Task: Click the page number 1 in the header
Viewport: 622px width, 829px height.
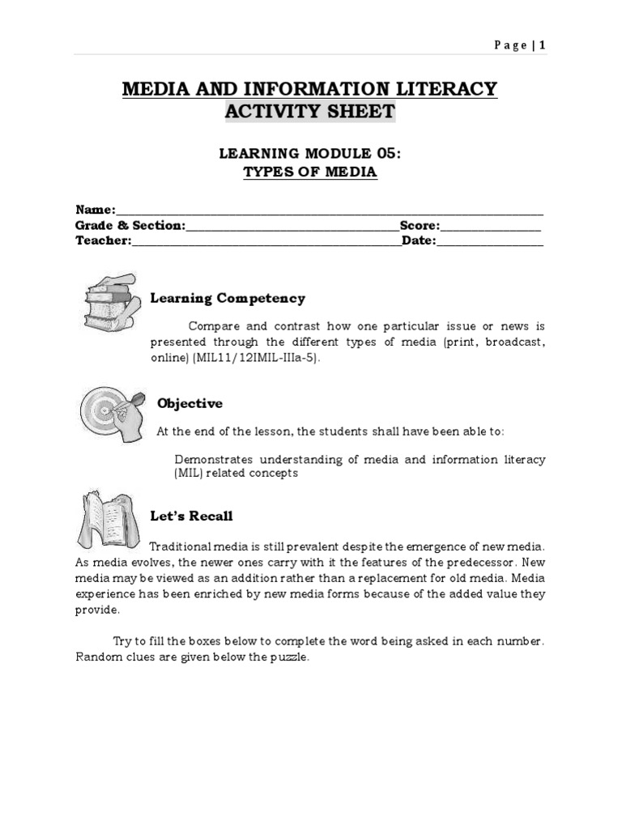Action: coord(542,45)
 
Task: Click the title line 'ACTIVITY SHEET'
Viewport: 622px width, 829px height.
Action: coord(310,111)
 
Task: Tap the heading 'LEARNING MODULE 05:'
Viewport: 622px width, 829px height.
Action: coord(310,153)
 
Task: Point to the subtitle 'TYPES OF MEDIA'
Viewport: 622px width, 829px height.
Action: coord(310,172)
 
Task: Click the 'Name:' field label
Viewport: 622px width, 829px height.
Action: coord(96,210)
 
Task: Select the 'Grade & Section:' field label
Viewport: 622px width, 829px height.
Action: coord(130,225)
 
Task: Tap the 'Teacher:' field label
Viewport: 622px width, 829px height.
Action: coord(103,240)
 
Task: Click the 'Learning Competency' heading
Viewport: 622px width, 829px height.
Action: coord(228,299)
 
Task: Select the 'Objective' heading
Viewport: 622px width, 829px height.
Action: coord(190,403)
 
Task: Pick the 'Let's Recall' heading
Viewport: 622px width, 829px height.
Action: coord(192,516)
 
